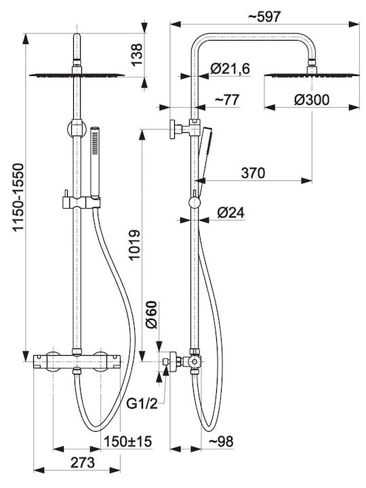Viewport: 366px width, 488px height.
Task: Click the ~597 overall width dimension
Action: [264, 16]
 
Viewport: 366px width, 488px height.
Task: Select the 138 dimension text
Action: [137, 54]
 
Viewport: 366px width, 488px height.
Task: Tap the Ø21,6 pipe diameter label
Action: [230, 68]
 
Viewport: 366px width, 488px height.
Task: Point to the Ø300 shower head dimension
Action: [312, 100]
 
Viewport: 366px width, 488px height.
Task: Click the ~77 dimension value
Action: [227, 100]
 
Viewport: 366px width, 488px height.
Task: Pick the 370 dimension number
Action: [253, 173]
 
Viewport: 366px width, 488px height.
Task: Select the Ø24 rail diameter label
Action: [231, 213]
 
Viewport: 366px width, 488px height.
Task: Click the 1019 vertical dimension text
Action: [134, 245]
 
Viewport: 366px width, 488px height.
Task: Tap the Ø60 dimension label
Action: [152, 314]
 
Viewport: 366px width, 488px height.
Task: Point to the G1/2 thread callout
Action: [142, 404]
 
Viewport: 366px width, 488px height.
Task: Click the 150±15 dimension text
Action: [127, 441]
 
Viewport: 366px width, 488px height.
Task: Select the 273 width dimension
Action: [83, 462]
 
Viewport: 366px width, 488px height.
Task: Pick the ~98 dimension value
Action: [221, 441]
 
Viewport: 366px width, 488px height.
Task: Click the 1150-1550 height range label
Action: [18, 197]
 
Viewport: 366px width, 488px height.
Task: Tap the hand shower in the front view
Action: [95, 162]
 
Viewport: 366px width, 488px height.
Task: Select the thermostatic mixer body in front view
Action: [77, 362]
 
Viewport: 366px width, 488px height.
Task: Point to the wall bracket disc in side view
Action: [172, 129]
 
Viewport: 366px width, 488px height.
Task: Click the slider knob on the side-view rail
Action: [195, 203]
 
